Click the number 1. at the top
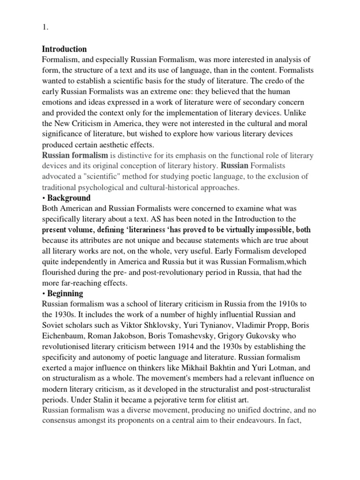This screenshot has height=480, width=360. [45, 28]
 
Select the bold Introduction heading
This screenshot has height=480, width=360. [64, 49]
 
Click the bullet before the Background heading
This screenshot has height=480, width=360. [44, 198]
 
